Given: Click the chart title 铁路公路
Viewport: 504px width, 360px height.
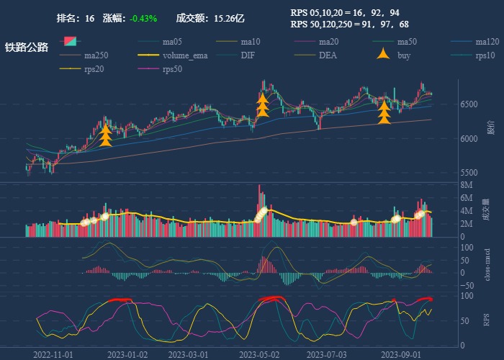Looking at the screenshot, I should pyautogui.click(x=27, y=48).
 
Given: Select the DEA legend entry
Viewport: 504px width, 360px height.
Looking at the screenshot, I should pyautogui.click(x=328, y=55).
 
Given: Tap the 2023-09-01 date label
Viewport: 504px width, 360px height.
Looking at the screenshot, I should pyautogui.click(x=400, y=355).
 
